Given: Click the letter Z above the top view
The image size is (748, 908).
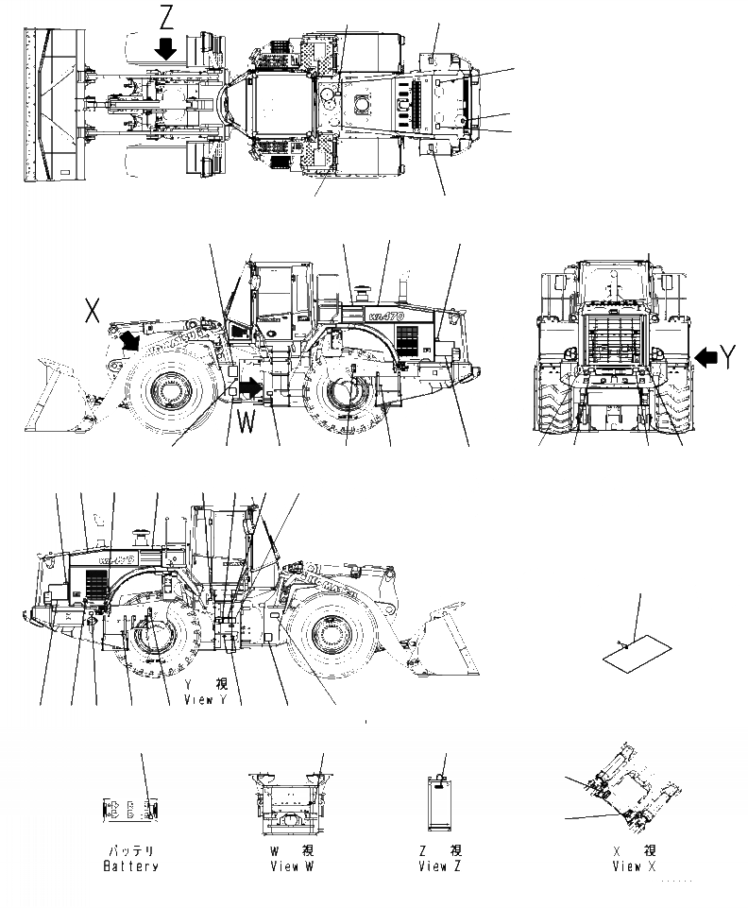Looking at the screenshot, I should coord(165,18).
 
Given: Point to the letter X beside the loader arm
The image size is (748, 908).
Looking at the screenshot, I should coord(93,311).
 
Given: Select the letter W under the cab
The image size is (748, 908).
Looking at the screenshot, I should coord(246,423).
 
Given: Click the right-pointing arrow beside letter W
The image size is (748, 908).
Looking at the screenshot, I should coord(249,387).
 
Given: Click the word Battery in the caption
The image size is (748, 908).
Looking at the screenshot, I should coord(130,866).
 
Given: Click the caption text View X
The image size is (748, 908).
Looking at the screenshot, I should coord(627,866).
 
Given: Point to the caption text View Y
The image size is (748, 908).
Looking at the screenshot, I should coord(205,699).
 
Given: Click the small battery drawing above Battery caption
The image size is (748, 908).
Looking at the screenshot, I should coord(128,810).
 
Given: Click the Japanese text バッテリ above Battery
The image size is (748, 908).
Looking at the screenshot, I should coord(130,850).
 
